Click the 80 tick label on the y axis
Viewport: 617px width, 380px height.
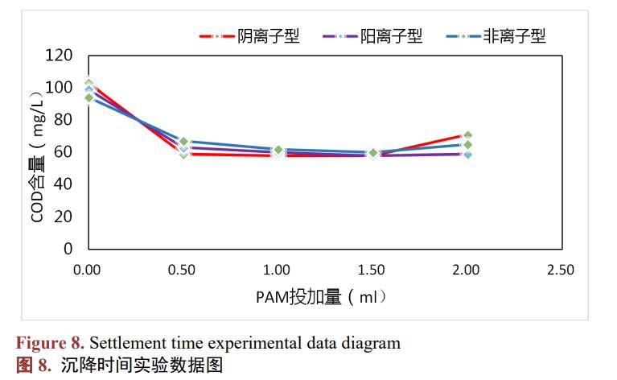(64, 120)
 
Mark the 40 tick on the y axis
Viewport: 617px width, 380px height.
(64, 184)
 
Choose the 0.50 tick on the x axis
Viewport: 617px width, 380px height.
(182, 270)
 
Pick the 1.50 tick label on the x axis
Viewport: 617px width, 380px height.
(372, 270)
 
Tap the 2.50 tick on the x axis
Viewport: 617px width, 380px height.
(560, 270)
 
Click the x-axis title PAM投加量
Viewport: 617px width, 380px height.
(322, 297)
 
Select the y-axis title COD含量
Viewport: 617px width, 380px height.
(38, 152)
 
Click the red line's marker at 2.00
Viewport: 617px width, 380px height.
(467, 135)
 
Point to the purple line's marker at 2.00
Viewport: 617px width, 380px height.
(467, 154)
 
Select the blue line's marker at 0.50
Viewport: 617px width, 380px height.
(183, 142)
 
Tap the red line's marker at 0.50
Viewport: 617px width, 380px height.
(183, 154)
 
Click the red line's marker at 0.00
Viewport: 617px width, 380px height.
(89, 84)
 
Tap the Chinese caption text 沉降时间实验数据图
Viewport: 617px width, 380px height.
(142, 365)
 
